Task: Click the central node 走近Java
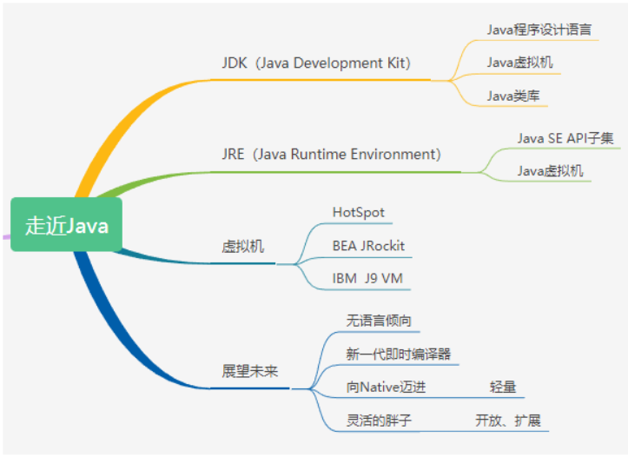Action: [x=67, y=225]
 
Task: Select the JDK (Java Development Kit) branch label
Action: [x=316, y=63]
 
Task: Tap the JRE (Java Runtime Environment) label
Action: [x=331, y=154]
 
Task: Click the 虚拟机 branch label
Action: [x=242, y=247]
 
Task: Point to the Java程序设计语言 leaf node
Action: [x=539, y=29]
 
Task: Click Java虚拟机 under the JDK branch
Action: [x=519, y=63]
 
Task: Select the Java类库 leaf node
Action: [x=512, y=96]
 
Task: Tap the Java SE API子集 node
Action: [x=565, y=137]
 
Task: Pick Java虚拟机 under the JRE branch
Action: [x=551, y=170]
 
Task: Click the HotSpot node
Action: [x=358, y=212]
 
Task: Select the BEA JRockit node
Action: [x=368, y=246]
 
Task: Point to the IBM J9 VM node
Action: [x=367, y=279]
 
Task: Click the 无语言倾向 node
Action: [x=379, y=321]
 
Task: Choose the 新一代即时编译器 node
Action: [x=398, y=354]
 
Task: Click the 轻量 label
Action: [x=503, y=387]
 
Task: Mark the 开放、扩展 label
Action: [x=507, y=421]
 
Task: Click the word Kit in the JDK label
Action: [x=393, y=63]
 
